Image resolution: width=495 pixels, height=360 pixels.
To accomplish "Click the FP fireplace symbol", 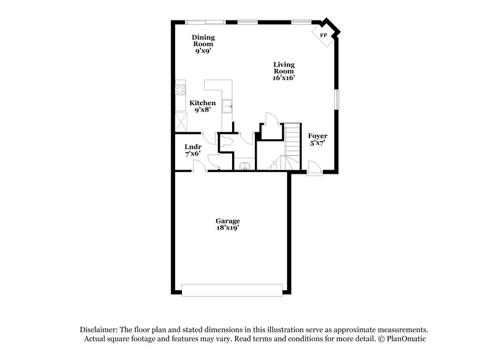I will (x=324, y=35).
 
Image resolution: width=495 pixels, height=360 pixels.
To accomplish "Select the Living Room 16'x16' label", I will (x=284, y=71).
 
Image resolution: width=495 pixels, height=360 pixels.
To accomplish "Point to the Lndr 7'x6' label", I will (x=192, y=150).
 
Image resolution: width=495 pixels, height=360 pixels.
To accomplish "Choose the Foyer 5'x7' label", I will (x=317, y=139).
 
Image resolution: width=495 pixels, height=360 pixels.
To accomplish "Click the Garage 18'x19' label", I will (x=227, y=224).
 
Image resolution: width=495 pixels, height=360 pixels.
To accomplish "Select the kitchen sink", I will (x=227, y=105).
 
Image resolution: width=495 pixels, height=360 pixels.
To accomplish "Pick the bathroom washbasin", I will (x=244, y=165).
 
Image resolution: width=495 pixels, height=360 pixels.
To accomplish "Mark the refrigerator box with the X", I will (x=180, y=121).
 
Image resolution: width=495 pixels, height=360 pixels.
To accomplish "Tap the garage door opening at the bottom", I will (x=232, y=289).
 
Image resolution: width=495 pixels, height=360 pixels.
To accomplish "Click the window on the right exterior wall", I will (x=338, y=99).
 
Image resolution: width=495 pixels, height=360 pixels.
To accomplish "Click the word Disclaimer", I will (x=98, y=330).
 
